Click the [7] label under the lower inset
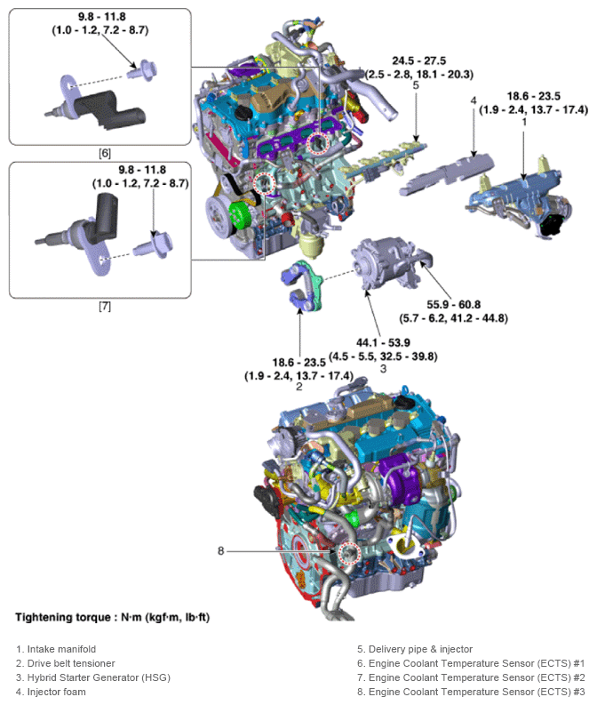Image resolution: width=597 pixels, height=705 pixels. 104,306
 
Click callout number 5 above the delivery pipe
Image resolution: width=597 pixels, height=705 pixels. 415,86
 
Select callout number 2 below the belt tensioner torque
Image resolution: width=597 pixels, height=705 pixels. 299,388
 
